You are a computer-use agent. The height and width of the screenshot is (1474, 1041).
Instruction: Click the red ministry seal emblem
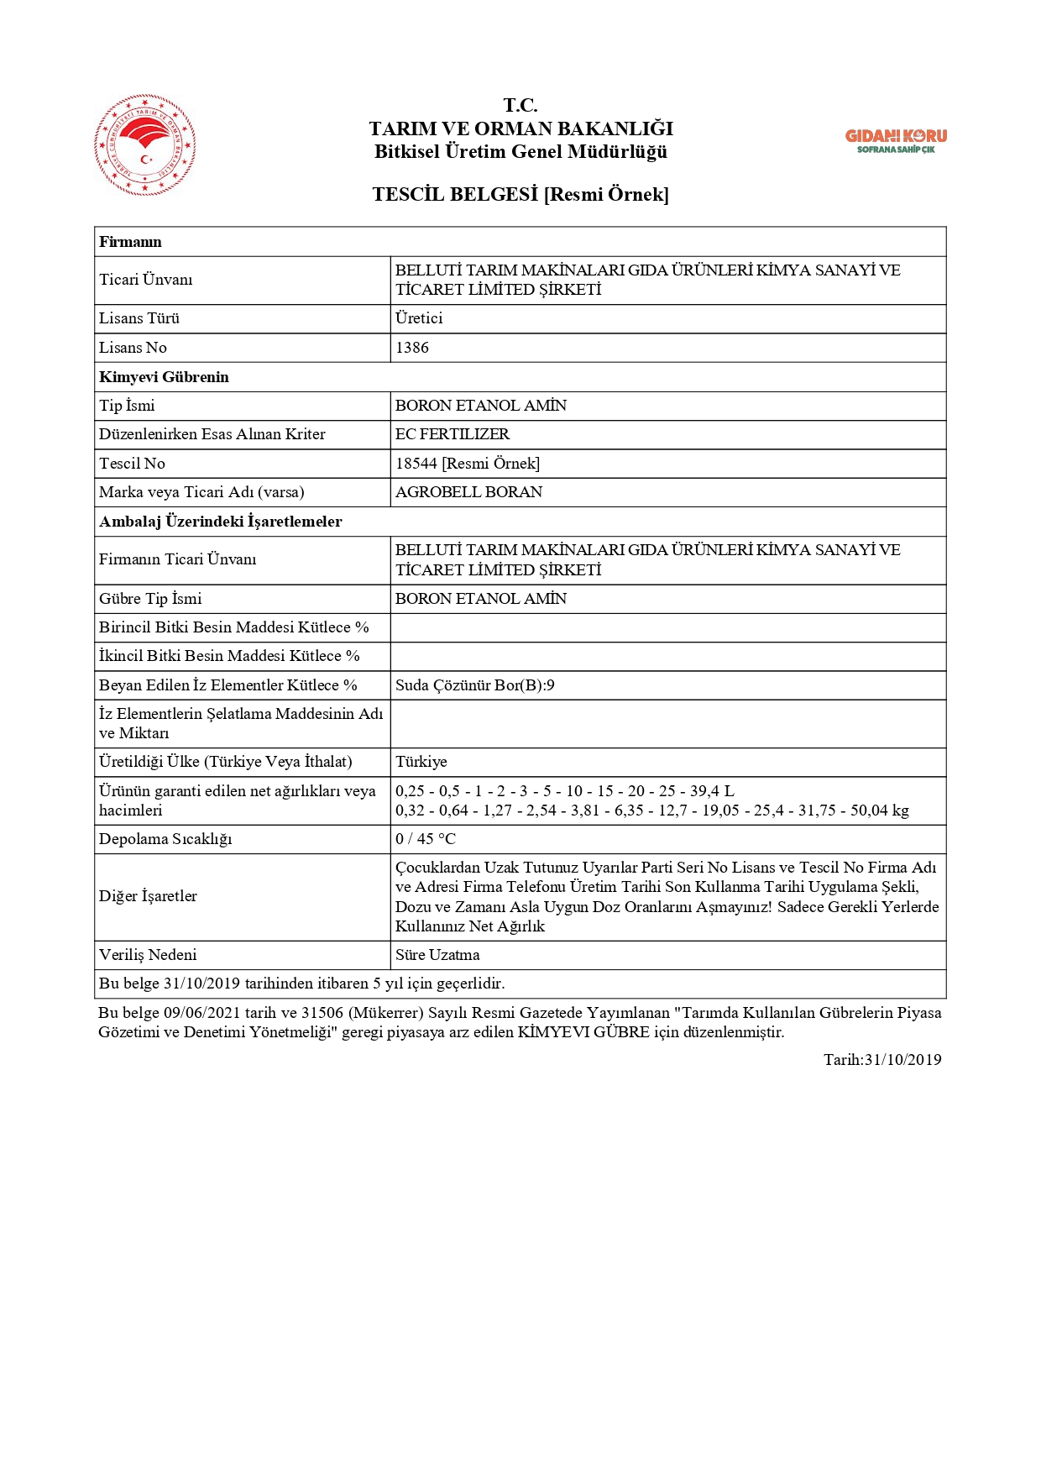click(145, 144)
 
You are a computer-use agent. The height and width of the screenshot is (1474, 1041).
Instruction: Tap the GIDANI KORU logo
click(896, 140)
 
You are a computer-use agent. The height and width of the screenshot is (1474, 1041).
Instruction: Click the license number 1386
click(412, 348)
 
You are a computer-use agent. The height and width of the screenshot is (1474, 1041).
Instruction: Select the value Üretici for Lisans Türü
click(419, 318)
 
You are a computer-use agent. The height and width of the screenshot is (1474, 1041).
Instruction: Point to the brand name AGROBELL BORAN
click(468, 492)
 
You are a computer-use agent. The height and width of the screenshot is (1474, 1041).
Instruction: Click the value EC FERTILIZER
click(452, 434)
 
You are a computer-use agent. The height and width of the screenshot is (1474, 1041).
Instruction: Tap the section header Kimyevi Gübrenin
click(164, 377)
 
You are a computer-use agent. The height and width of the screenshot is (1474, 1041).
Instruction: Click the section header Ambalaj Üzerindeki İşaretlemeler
click(220, 522)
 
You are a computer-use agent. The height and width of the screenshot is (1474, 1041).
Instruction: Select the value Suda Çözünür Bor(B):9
click(475, 685)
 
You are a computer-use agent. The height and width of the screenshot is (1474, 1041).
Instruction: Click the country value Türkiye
click(421, 762)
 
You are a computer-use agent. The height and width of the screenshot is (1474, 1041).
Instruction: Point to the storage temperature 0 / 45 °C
click(426, 839)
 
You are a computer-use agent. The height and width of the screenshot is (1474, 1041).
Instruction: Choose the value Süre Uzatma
click(437, 955)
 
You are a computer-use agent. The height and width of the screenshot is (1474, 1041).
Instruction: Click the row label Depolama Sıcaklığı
click(165, 839)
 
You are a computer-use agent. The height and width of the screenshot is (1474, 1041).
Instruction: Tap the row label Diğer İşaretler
click(148, 896)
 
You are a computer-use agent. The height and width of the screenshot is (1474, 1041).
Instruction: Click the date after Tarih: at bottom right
click(903, 1060)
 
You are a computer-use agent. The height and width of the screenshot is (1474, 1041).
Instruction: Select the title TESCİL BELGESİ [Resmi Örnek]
click(520, 195)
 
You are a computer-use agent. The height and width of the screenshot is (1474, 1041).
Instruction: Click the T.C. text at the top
click(520, 105)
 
